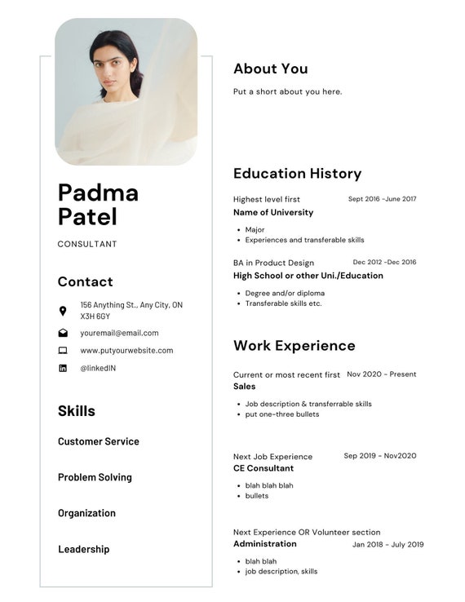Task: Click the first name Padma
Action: [98, 193]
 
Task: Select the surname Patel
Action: [87, 217]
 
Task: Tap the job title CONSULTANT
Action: [87, 244]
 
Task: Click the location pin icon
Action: [63, 311]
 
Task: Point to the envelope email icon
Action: [63, 333]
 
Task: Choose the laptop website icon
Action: [63, 351]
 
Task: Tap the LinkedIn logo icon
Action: [63, 369]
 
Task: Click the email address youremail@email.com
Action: [119, 333]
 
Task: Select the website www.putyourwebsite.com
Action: [126, 351]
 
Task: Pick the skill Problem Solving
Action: [95, 477]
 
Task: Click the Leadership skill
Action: [83, 549]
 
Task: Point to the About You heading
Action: [270, 69]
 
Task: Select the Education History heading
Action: [297, 173]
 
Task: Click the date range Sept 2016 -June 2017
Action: [382, 199]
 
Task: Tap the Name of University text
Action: [272, 212]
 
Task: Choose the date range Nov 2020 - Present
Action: [381, 374]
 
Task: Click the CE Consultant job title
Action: [263, 468]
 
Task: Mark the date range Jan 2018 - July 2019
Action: [387, 545]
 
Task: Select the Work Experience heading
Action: [294, 345]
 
